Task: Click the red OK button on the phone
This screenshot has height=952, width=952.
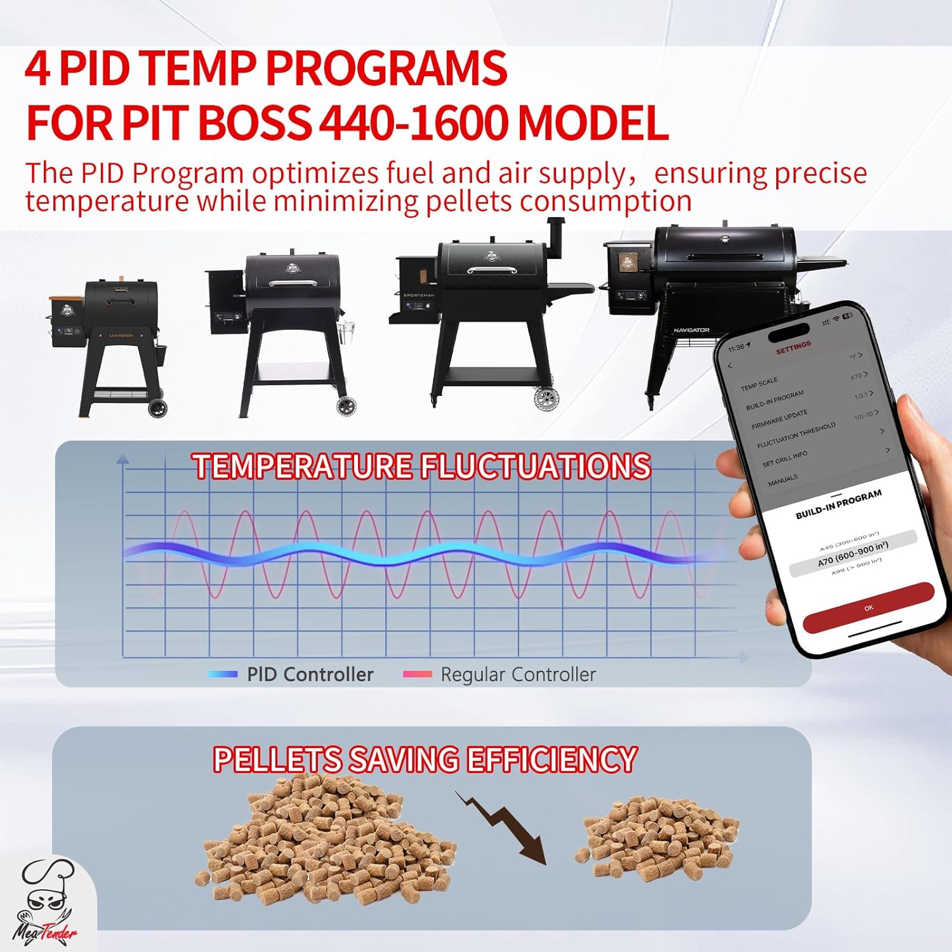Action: [868, 608]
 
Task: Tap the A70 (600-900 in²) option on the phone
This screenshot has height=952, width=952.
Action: [852, 554]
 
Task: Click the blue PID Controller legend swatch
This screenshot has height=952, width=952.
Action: [223, 674]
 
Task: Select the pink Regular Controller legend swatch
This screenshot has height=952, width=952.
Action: [417, 674]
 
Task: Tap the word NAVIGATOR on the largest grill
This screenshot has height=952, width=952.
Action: [691, 331]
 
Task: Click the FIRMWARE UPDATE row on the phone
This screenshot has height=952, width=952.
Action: [779, 420]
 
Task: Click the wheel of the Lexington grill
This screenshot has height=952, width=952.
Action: [157, 409]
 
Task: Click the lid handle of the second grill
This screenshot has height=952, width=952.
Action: [293, 283]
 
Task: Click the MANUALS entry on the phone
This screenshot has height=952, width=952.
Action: [783, 480]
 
